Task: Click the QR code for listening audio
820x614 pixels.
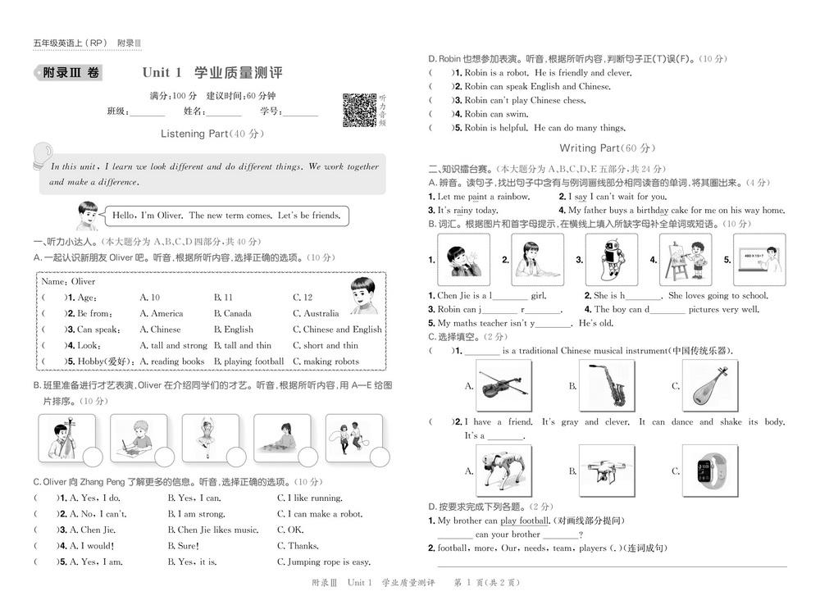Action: coord(359,110)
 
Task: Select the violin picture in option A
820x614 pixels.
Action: coord(503,385)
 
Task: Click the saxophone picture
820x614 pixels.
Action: coord(607,385)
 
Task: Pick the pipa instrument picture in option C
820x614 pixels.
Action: coord(710,385)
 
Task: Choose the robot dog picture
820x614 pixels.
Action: coord(503,471)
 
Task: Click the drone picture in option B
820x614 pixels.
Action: coord(607,471)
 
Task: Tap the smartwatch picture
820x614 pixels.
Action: coord(710,471)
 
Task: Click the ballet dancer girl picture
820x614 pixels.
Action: coord(210,438)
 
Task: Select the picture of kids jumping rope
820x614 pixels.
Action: coord(353,438)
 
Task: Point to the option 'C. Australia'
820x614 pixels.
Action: coord(316,313)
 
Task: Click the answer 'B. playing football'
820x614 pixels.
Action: coord(249,362)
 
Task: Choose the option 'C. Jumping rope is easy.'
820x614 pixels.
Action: coord(324,562)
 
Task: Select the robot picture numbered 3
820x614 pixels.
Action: coord(612,259)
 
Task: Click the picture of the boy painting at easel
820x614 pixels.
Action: coord(686,259)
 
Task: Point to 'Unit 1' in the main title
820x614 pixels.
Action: coord(162,73)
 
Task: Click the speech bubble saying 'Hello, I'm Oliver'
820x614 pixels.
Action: coord(226,216)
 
